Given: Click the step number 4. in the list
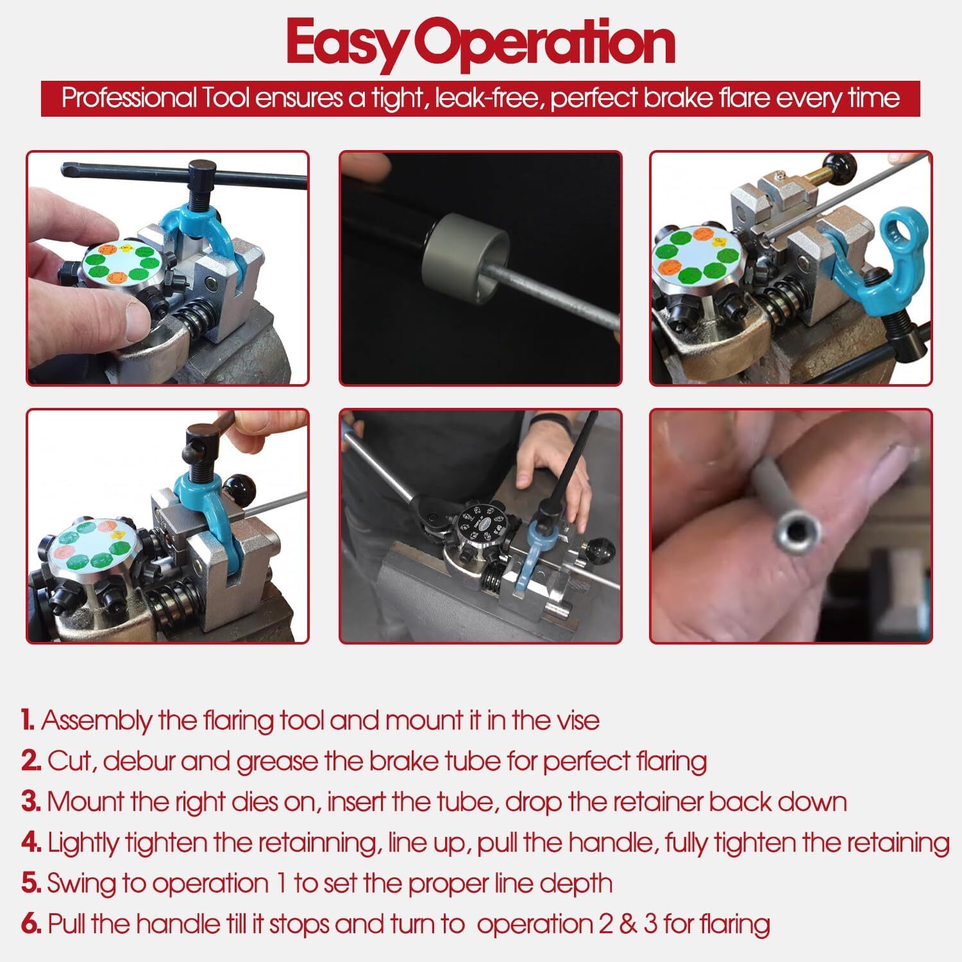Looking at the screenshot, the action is [31, 843].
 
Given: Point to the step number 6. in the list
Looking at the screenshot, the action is [31, 924].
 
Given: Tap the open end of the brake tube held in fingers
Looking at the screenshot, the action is [798, 530].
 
